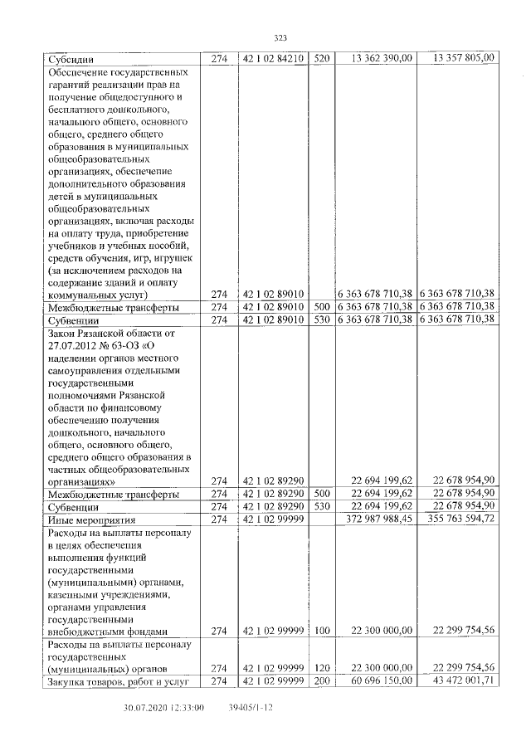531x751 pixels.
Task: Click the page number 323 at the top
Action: pyautogui.click(x=280, y=37)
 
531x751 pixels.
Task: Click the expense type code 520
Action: pyautogui.click(x=322, y=58)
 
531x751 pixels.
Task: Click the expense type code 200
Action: pyautogui.click(x=322, y=681)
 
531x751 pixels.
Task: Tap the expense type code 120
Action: pyautogui.click(x=322, y=667)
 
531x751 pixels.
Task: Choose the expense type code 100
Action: pyautogui.click(x=322, y=630)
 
